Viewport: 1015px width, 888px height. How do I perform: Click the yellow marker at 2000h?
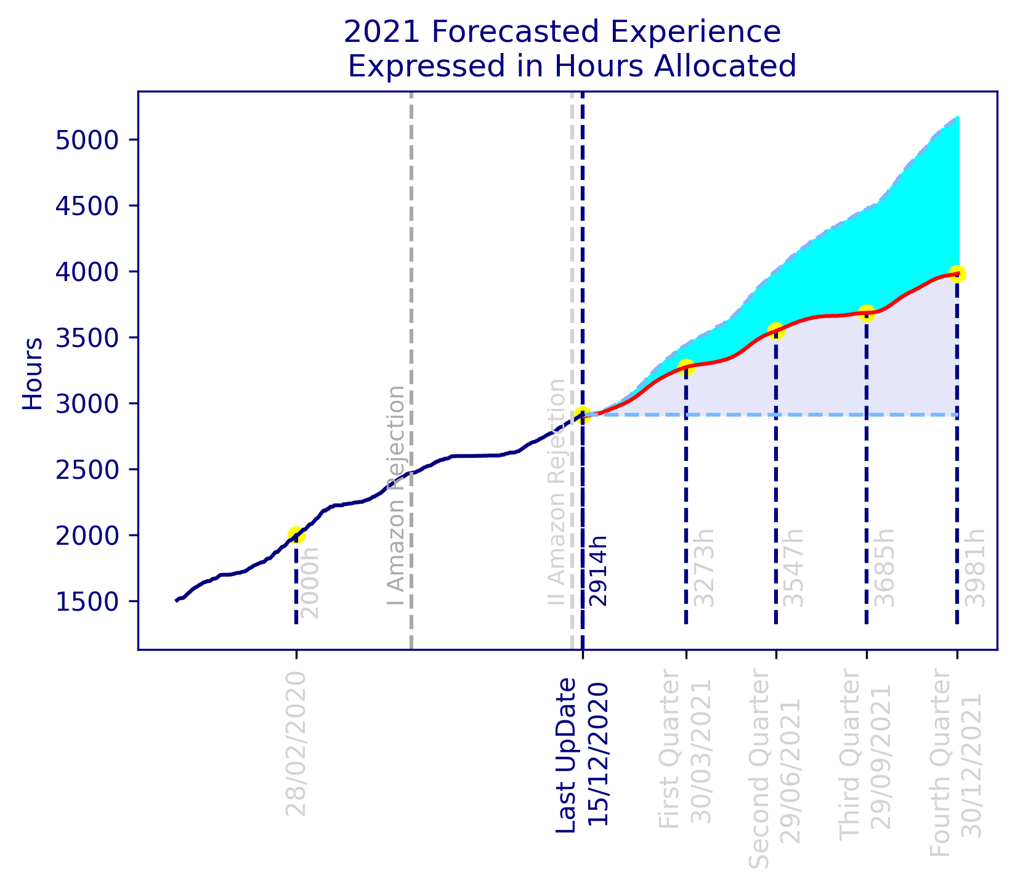click(296, 535)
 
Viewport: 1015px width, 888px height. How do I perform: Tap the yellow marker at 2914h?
click(583, 414)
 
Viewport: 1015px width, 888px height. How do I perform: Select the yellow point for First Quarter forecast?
click(685, 367)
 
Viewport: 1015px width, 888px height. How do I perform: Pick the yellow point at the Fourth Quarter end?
click(957, 274)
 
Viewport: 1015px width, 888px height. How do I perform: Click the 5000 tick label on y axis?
click(86, 140)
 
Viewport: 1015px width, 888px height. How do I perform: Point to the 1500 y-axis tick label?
click(86, 601)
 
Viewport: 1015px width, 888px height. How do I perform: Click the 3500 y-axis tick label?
click(86, 338)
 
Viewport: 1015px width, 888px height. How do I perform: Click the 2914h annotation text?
click(597, 571)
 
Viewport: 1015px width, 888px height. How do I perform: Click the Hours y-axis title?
click(32, 373)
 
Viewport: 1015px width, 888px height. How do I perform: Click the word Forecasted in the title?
click(538, 32)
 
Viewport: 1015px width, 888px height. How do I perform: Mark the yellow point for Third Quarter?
click(867, 312)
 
